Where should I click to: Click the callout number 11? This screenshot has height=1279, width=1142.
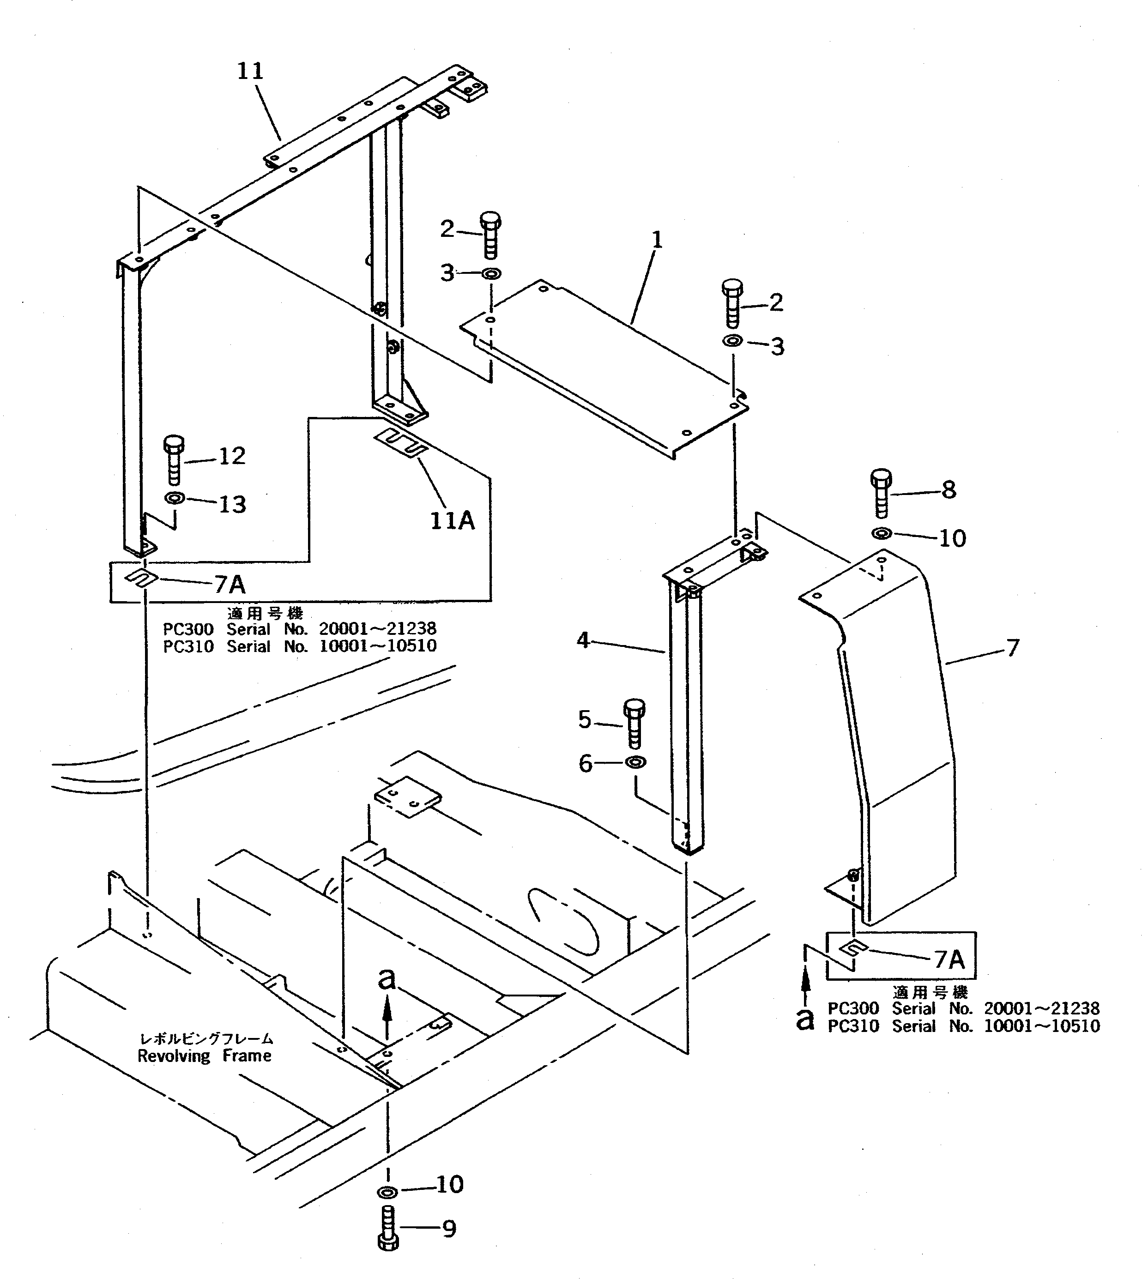(x=250, y=71)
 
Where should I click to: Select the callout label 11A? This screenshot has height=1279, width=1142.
(x=452, y=520)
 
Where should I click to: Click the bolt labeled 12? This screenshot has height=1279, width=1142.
(x=174, y=461)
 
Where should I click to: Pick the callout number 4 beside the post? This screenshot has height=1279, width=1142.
(x=583, y=640)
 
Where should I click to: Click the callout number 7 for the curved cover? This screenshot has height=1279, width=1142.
(x=1012, y=647)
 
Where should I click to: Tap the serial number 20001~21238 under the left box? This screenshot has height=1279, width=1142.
(x=378, y=628)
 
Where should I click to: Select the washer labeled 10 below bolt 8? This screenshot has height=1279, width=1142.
(x=882, y=534)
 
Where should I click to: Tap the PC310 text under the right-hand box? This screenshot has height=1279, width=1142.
(x=853, y=1027)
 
